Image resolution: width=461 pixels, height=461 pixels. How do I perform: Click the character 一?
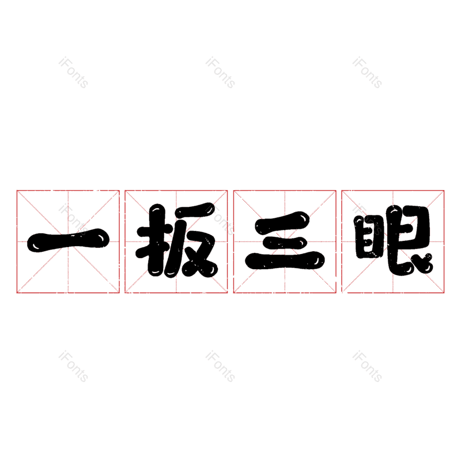click(x=68, y=240)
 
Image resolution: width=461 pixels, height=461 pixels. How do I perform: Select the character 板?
click(x=176, y=240)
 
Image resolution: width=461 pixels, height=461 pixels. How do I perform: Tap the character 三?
click(x=285, y=241)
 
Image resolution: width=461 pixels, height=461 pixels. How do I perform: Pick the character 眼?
click(x=393, y=240)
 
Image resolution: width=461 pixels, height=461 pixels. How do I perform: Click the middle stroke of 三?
click(x=285, y=240)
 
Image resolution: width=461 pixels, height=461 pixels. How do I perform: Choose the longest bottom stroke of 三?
click(x=285, y=262)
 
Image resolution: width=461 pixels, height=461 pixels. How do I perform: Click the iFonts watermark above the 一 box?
click(x=73, y=73)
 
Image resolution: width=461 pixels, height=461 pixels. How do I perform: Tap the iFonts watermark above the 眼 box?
click(x=367, y=73)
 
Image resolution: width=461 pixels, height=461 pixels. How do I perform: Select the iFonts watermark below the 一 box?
click(x=73, y=366)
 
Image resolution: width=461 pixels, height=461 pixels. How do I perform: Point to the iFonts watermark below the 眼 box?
click(x=367, y=366)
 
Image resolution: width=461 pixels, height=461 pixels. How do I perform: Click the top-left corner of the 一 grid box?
click(x=17, y=190)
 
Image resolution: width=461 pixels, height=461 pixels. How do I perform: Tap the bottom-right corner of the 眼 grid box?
click(x=444, y=293)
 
